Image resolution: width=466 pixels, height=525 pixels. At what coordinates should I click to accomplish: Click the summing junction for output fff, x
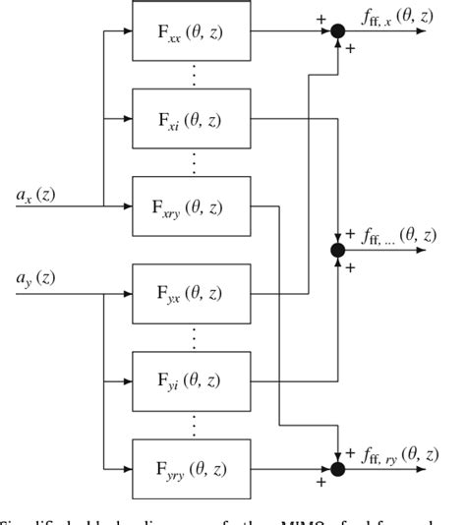click(337, 32)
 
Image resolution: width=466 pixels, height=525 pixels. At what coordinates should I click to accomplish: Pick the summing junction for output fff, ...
click(337, 251)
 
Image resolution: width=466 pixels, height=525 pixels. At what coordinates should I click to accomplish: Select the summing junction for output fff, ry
click(337, 468)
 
